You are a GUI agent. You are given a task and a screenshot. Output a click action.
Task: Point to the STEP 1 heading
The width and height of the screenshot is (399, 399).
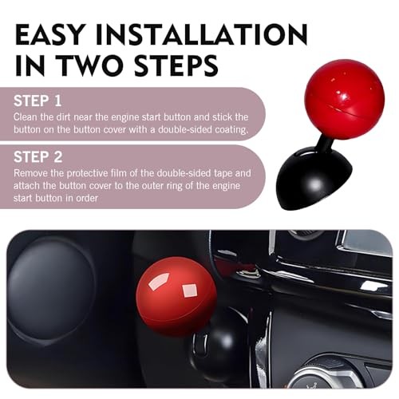38,102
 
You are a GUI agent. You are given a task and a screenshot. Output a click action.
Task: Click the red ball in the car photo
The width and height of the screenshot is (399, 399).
176,294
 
